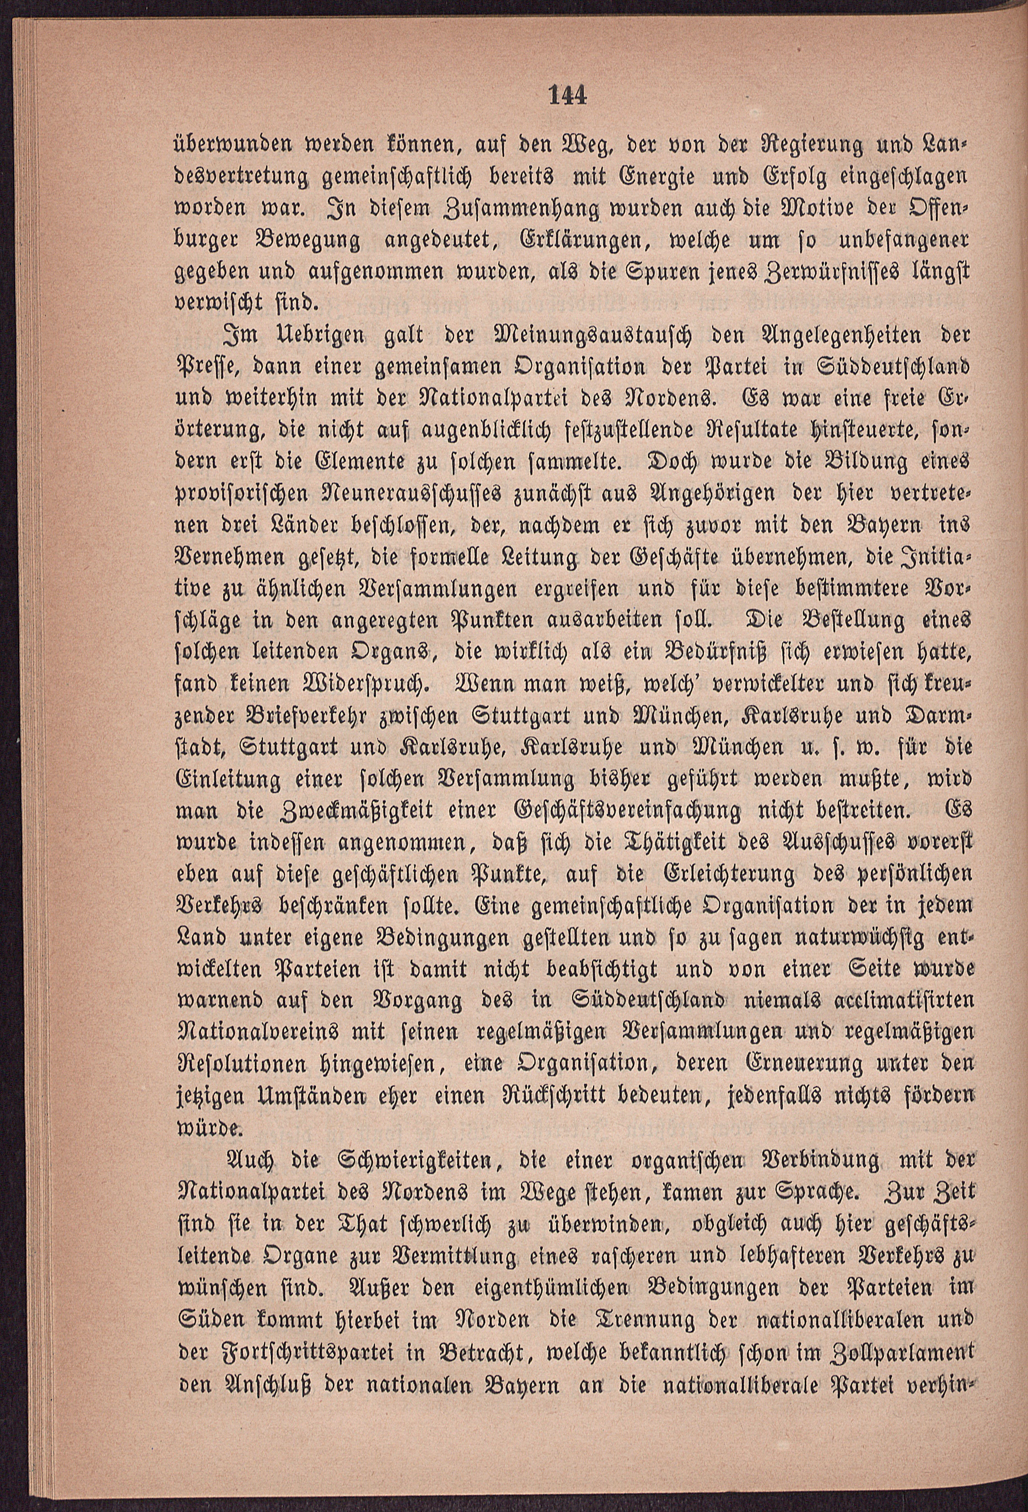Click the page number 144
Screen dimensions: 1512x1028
coord(567,96)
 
